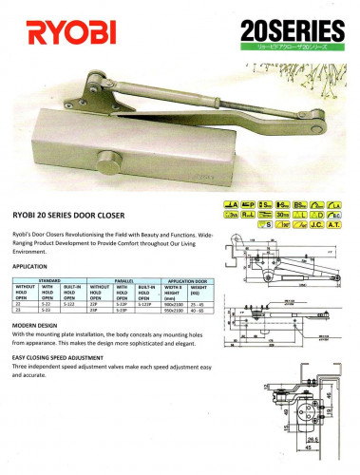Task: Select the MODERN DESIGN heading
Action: tap(39, 326)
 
